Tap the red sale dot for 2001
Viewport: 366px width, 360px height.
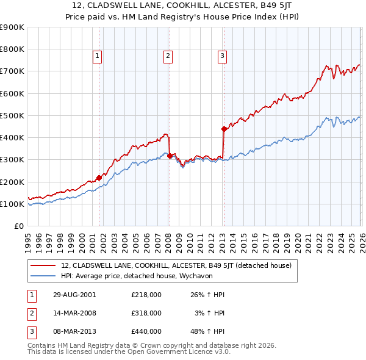pos(99,178)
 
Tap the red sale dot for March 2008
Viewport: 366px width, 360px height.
pos(170,156)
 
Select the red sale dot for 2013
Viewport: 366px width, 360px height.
pos(224,129)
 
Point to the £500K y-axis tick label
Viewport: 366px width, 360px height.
pos(12,115)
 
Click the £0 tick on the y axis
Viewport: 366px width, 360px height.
pos(18,226)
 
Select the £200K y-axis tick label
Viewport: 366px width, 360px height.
pos(12,182)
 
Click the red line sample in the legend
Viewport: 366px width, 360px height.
pos(43,265)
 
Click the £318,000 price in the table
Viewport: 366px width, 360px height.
pos(146,313)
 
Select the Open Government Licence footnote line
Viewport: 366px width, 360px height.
pos(129,352)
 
